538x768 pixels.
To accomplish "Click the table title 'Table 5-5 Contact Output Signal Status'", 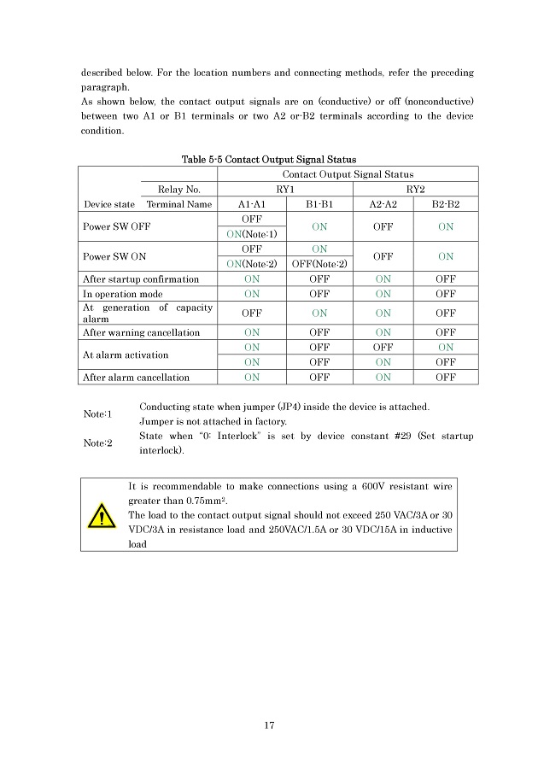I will pyautogui.click(x=269, y=159).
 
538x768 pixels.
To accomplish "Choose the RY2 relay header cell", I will pyautogui.click(x=414, y=189).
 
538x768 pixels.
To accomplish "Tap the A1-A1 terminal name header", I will pyautogui.click(x=252, y=204).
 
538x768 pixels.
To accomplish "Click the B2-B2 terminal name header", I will pyautogui.click(x=445, y=204).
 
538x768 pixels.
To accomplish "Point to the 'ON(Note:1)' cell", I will pyautogui.click(x=252, y=234).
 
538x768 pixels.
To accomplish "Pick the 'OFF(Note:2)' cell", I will pyautogui.click(x=319, y=263).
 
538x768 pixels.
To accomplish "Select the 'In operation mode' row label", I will pyautogui.click(x=122, y=294).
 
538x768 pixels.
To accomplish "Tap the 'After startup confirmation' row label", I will pyautogui.click(x=141, y=279).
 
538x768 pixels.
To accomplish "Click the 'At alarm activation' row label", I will pyautogui.click(x=126, y=355).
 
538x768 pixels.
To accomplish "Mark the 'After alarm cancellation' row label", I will pyautogui.click(x=137, y=377).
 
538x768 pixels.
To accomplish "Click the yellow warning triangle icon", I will pyautogui.click(x=102, y=517).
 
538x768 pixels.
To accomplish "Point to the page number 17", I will pyautogui.click(x=269, y=725).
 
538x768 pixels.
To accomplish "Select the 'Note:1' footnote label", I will pyautogui.click(x=97, y=413).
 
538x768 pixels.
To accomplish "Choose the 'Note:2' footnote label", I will pyautogui.click(x=97, y=443).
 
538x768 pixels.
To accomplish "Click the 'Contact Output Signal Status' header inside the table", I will pyautogui.click(x=347, y=174).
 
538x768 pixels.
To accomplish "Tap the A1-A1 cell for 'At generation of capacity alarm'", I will pyautogui.click(x=252, y=313).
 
